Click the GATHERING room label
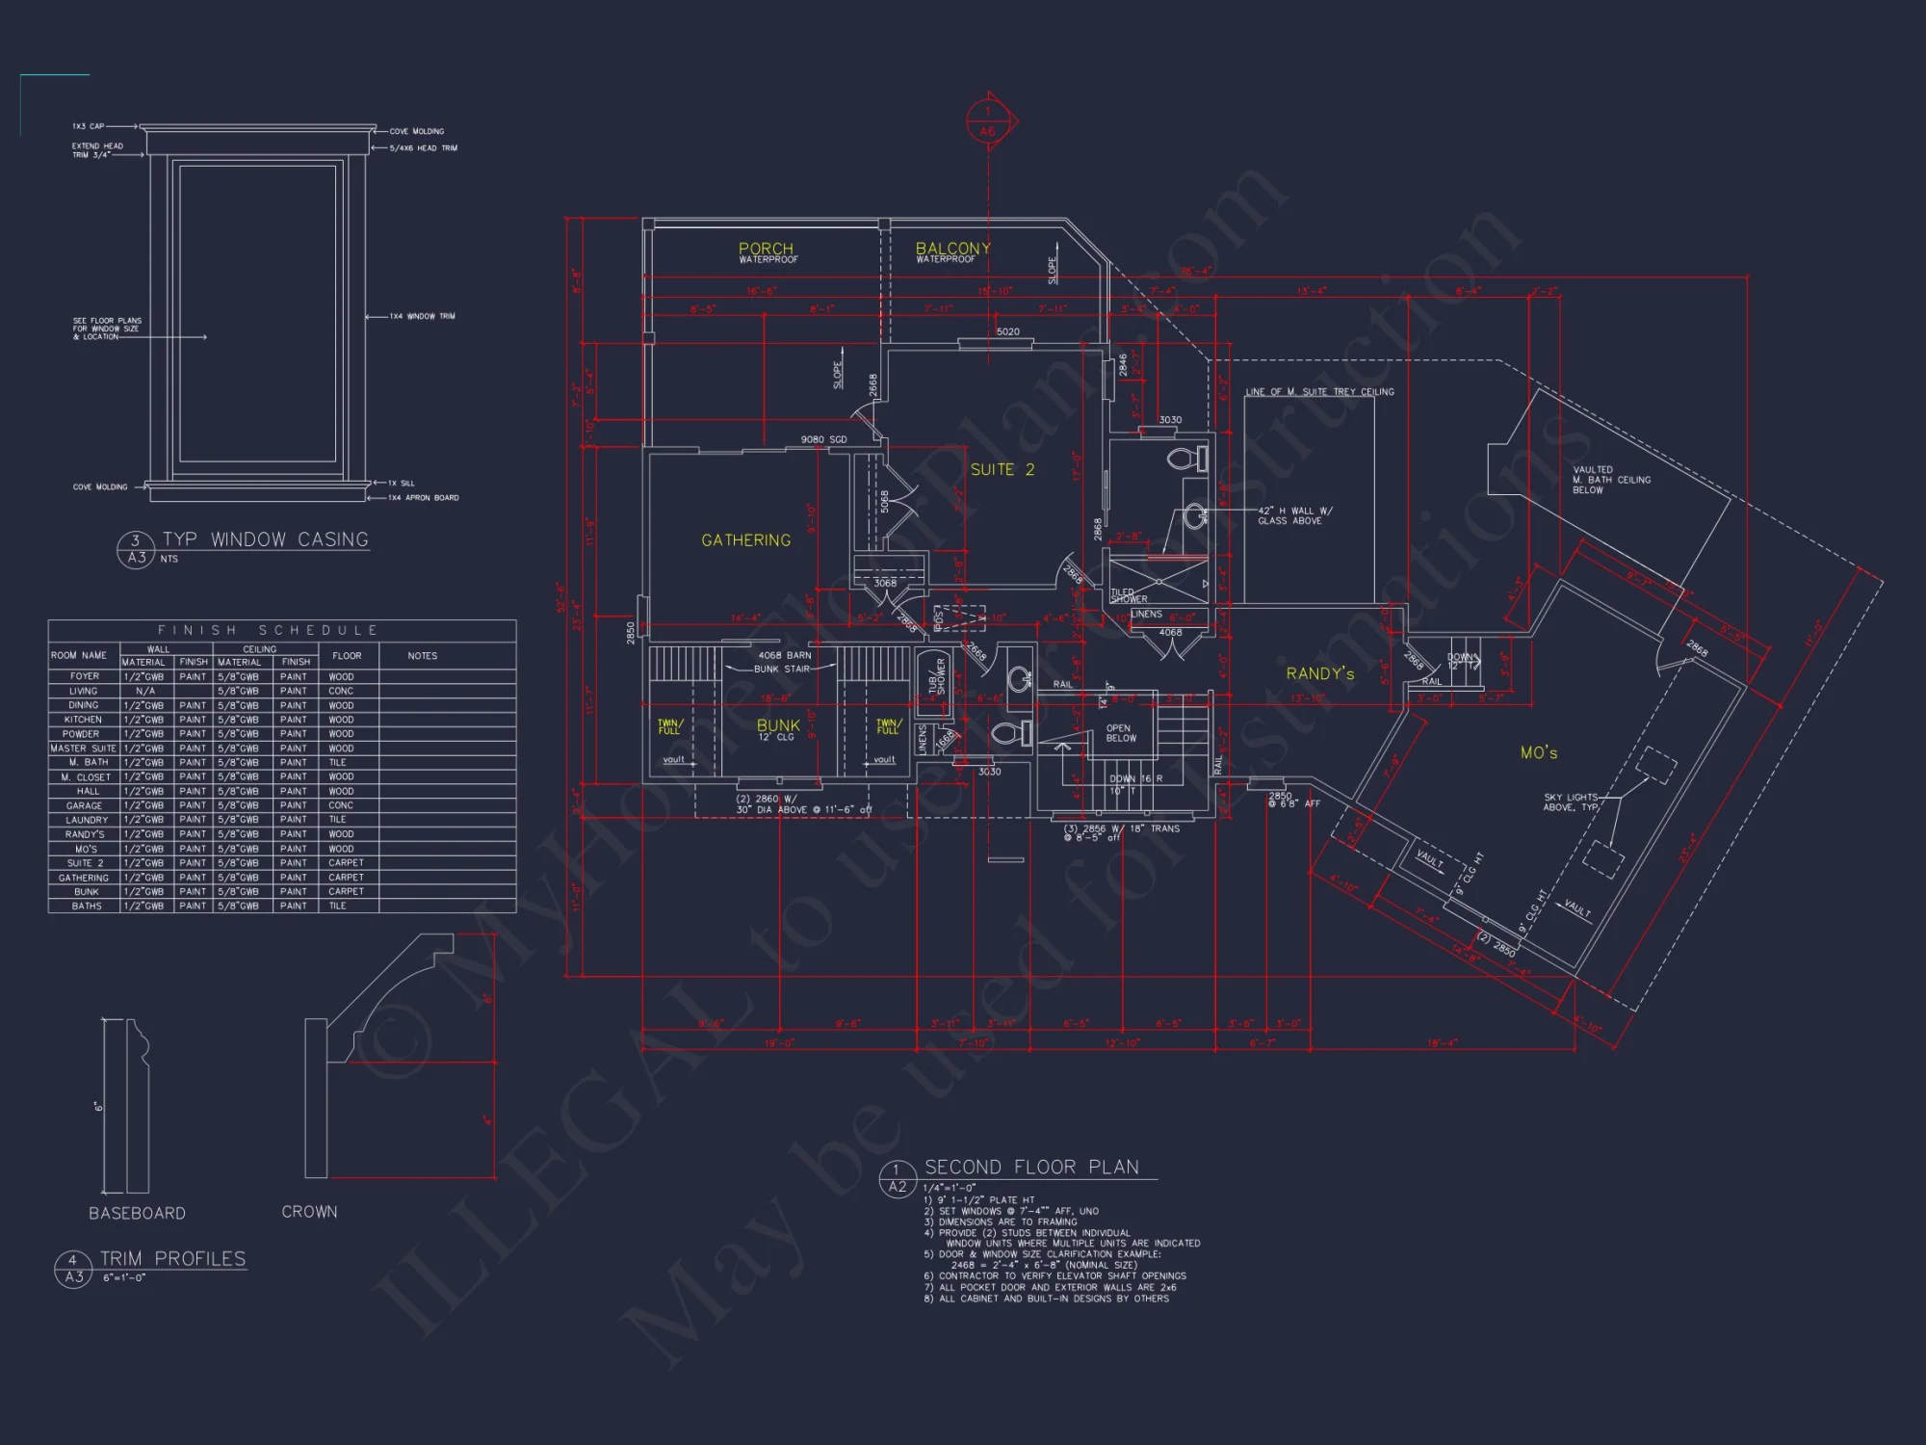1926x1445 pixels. [x=745, y=540]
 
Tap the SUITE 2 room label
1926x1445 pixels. [x=1002, y=469]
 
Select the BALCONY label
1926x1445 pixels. [x=952, y=249]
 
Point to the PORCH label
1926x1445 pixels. [x=766, y=249]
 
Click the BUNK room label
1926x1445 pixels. [x=778, y=725]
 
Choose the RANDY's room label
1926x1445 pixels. [x=1319, y=673]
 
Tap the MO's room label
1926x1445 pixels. [x=1538, y=752]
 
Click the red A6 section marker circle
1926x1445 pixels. [x=987, y=122]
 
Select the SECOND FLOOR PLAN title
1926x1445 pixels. [x=1030, y=1167]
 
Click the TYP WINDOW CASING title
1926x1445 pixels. [x=265, y=539]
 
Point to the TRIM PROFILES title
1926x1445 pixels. [x=172, y=1258]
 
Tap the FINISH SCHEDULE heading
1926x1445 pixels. [x=268, y=630]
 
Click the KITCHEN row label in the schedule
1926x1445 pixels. [x=83, y=720]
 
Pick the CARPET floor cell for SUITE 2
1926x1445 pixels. [x=346, y=863]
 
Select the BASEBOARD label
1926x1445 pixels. [x=137, y=1213]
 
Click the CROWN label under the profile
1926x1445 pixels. [x=309, y=1212]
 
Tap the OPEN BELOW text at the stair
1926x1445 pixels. [x=1120, y=733]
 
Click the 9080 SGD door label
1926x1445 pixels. [x=823, y=439]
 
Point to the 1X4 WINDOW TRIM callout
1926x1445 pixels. [x=422, y=316]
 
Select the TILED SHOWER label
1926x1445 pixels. [x=1129, y=595]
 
